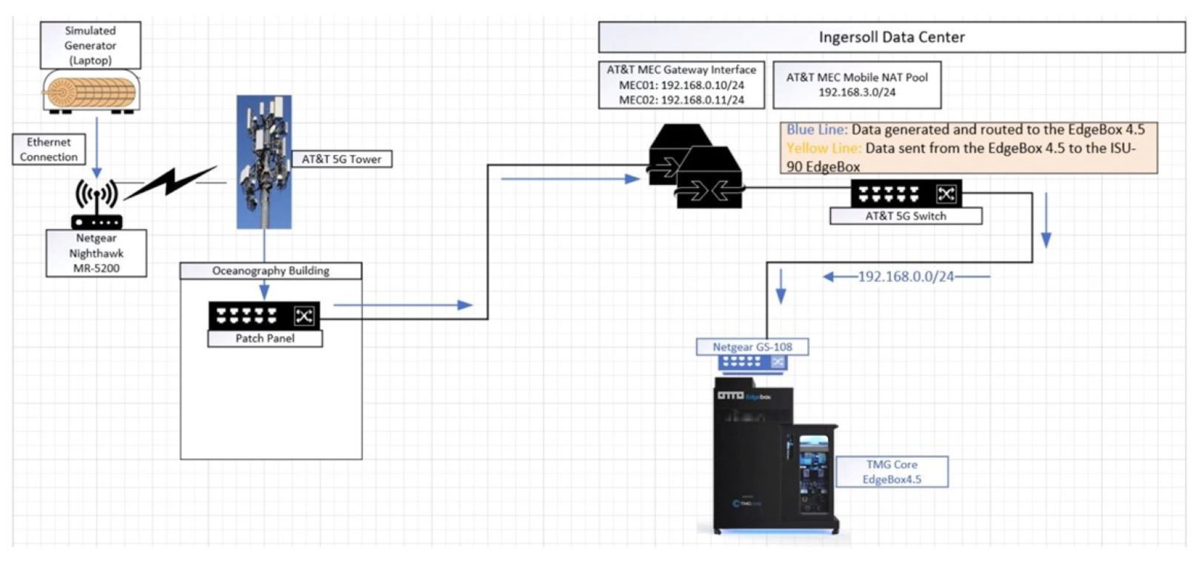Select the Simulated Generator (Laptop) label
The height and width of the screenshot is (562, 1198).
tap(90, 45)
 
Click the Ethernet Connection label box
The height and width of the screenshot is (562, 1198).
tap(49, 149)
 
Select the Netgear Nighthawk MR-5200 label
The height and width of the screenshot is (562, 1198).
tap(96, 253)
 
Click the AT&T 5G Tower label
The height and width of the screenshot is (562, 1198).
tap(341, 159)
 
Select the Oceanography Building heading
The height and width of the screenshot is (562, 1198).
tap(271, 270)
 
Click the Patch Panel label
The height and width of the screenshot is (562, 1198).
tap(265, 338)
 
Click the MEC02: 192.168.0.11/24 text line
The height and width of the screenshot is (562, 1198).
tap(681, 100)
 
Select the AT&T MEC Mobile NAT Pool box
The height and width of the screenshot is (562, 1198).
tap(857, 85)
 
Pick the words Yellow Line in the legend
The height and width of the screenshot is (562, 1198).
tap(823, 148)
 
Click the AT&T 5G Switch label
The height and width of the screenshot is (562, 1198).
tap(906, 216)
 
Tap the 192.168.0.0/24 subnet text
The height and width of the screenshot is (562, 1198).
tap(906, 277)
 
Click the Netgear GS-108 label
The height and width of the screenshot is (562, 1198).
tap(752, 347)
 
